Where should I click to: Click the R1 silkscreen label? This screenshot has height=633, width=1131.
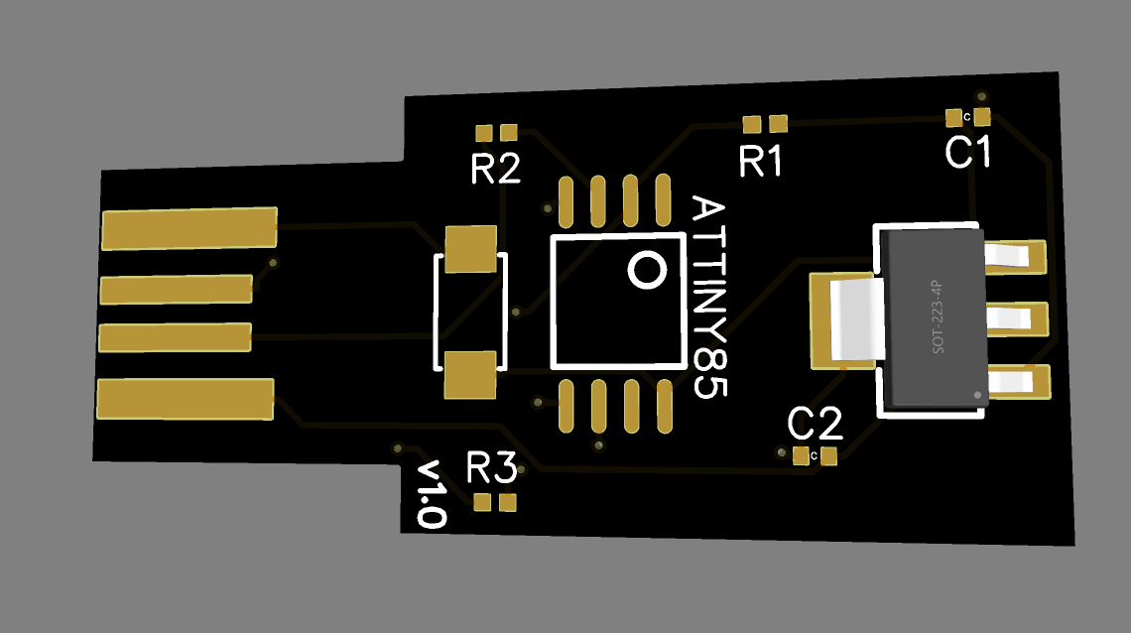click(x=761, y=161)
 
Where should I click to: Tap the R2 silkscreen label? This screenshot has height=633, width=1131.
click(x=495, y=169)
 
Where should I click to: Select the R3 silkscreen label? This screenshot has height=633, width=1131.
click(x=491, y=467)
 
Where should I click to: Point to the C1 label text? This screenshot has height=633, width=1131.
click(x=968, y=152)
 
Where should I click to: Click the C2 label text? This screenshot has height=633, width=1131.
click(x=816, y=424)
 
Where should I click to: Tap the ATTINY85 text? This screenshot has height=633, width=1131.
click(x=709, y=297)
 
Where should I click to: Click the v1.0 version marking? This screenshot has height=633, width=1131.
click(x=432, y=494)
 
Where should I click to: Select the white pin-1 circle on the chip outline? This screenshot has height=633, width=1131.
click(x=647, y=271)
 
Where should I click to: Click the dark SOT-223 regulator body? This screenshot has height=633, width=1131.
click(x=934, y=317)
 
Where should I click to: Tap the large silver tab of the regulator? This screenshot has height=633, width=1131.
click(x=857, y=319)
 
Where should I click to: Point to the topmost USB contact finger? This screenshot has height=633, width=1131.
click(x=189, y=228)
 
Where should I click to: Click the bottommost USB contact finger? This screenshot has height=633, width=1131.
click(x=186, y=399)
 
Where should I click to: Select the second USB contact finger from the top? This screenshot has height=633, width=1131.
click(x=177, y=290)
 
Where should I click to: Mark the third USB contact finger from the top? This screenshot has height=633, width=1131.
click(x=176, y=337)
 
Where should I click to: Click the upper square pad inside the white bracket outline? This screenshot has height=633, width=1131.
click(x=471, y=249)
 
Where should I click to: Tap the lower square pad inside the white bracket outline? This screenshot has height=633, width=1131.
click(x=470, y=375)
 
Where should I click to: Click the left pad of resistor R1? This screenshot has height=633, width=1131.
click(x=752, y=125)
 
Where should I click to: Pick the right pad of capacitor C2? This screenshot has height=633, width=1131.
click(x=828, y=456)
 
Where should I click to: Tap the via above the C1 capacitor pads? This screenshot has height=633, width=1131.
click(x=982, y=96)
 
